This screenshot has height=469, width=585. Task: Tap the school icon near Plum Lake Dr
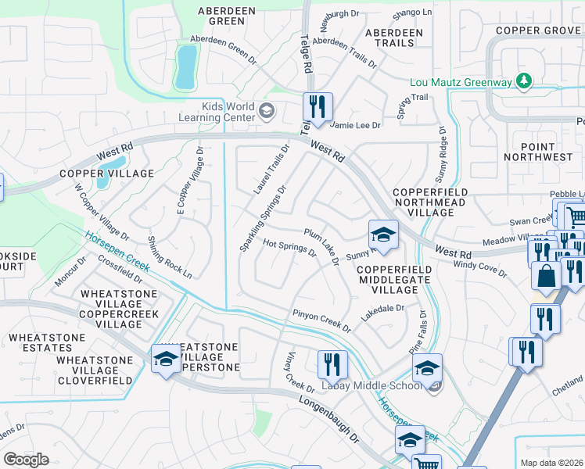[x=383, y=234]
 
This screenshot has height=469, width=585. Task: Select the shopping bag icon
[x=544, y=275]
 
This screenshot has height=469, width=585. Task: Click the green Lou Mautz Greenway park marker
[x=524, y=81]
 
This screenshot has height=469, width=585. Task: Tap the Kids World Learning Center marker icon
[x=267, y=111]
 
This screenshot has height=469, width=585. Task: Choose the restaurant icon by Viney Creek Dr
[x=332, y=363]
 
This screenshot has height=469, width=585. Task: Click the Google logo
[x=26, y=459]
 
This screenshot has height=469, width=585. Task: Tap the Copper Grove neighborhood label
[x=537, y=30]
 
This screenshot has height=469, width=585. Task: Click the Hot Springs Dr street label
[x=289, y=248]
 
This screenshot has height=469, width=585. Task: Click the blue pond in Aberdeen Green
[x=186, y=66]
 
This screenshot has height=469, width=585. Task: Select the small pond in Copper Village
[x=103, y=178]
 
